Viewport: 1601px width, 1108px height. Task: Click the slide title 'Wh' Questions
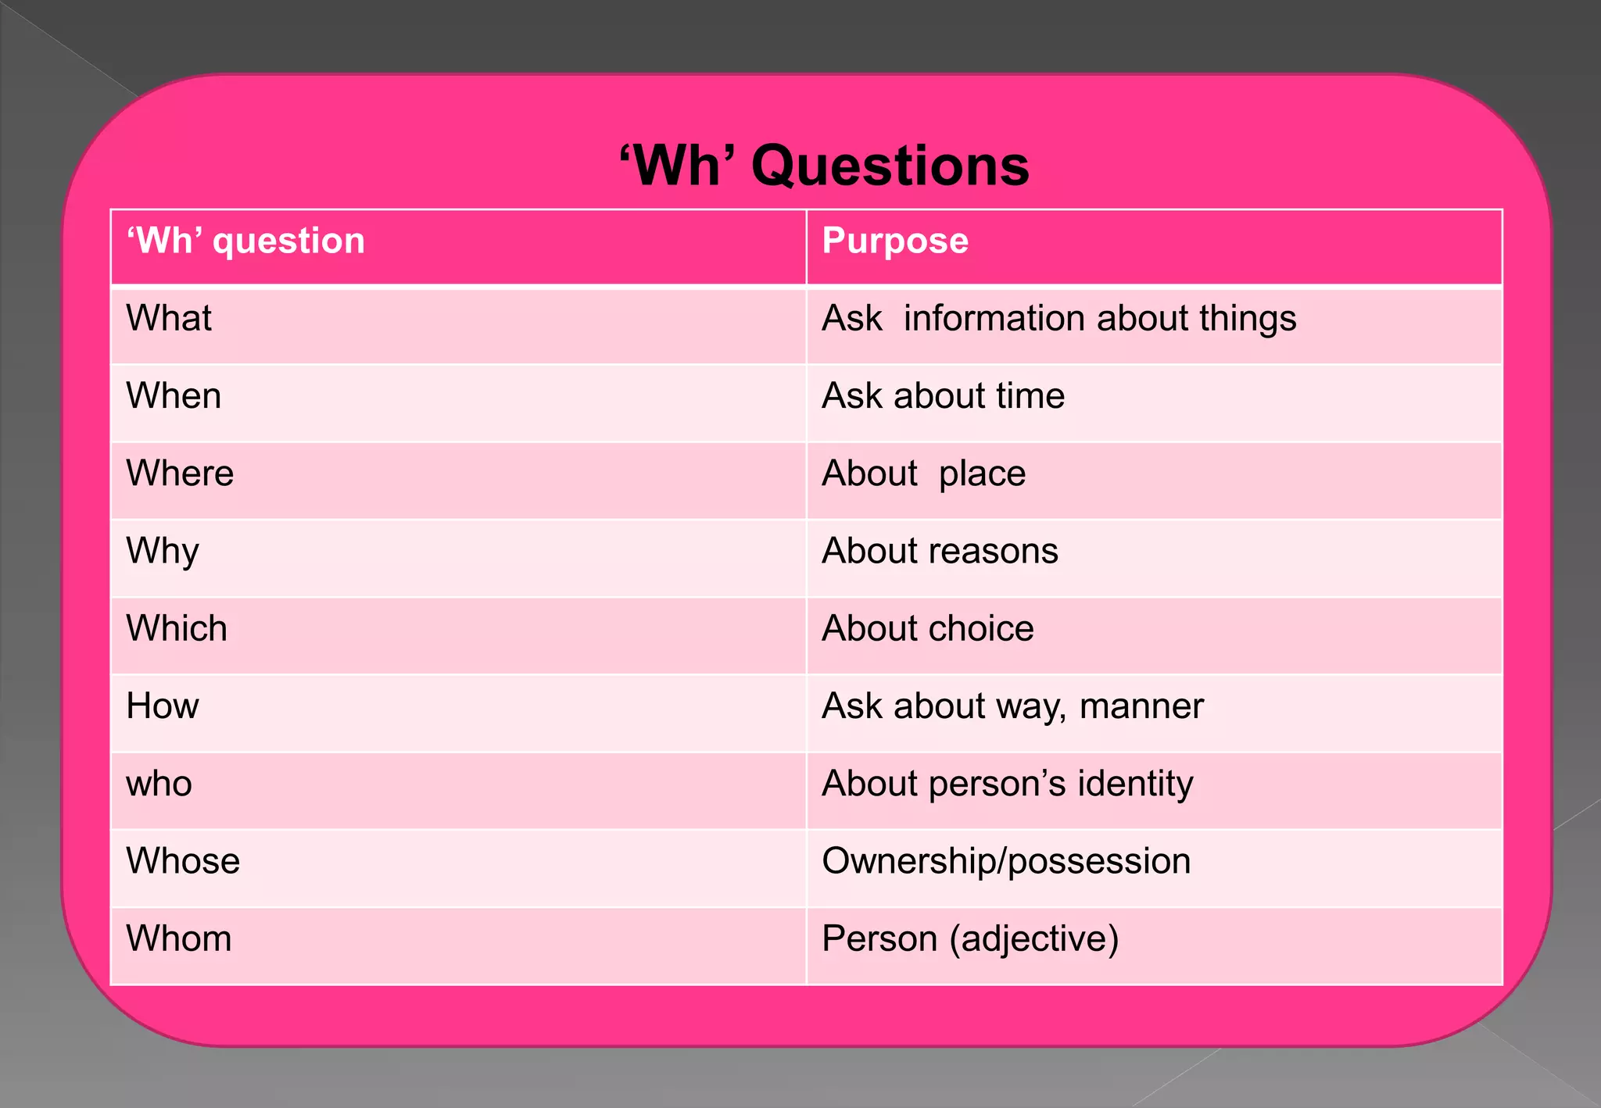(x=824, y=166)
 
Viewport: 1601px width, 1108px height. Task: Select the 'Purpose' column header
(x=895, y=241)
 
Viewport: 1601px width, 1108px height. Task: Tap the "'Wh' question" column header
(x=246, y=241)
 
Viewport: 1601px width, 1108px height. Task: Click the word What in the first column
(x=169, y=319)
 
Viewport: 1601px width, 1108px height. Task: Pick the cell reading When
(x=174, y=396)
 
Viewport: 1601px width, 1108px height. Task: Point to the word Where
(x=180, y=474)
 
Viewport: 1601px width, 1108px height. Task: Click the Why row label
(x=163, y=552)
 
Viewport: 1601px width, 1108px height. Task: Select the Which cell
(x=177, y=629)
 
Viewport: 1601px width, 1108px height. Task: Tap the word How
(x=163, y=706)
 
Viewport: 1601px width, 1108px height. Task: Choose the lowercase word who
(x=159, y=784)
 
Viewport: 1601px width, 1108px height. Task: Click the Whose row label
(x=183, y=861)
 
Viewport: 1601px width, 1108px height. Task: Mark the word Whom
(x=179, y=938)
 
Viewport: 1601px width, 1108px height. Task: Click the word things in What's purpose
(x=1248, y=319)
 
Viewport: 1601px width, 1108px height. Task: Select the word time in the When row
(x=1030, y=396)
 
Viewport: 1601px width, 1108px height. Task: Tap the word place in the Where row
(x=982, y=474)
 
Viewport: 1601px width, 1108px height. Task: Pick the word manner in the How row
(x=1141, y=706)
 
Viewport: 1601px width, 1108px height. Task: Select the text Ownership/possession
(x=1006, y=861)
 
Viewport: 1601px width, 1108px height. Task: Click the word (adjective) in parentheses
(x=1034, y=938)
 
